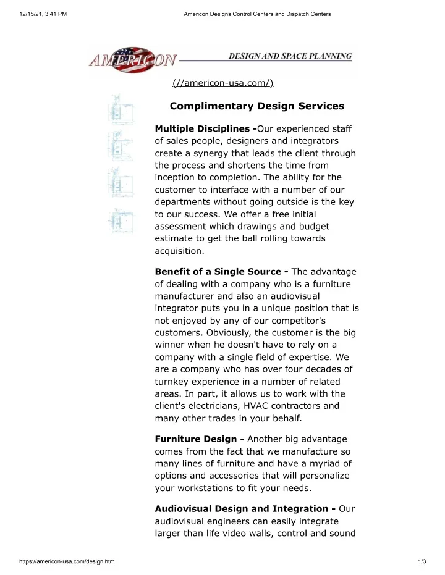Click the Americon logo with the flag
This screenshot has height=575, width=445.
tap(133, 59)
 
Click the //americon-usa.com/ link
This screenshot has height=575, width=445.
tap(223, 83)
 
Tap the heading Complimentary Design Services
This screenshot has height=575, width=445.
tap(256, 106)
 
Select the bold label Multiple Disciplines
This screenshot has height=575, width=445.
tap(202, 128)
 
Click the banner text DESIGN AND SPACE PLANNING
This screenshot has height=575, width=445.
tap(290, 56)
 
